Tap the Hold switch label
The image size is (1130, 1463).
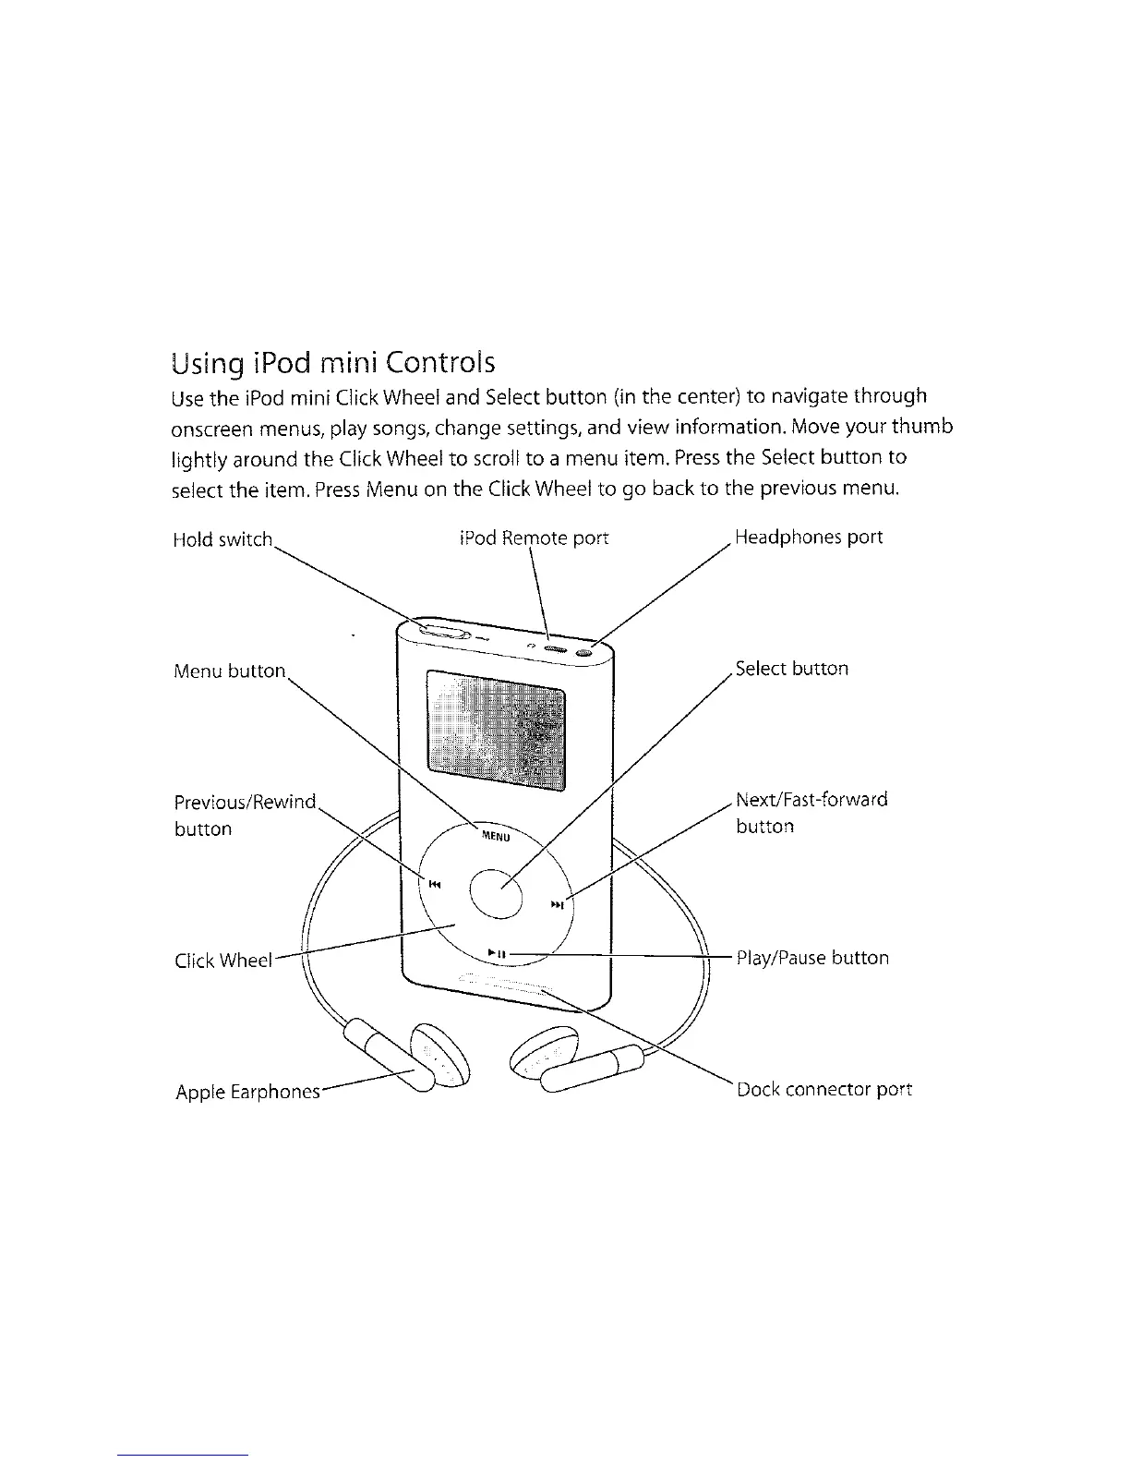(222, 539)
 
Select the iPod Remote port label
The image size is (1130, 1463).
(534, 538)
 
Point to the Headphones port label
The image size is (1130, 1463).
(809, 537)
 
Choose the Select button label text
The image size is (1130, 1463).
(792, 669)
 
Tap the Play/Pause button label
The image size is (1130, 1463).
(812, 958)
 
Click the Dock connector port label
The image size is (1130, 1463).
(824, 1089)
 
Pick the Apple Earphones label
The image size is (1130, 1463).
(247, 1093)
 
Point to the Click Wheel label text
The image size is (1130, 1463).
(223, 961)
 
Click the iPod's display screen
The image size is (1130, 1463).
(496, 730)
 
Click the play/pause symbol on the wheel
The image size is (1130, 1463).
(497, 952)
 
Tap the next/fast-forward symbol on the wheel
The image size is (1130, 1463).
(557, 905)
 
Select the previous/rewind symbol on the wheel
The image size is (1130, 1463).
(435, 884)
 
